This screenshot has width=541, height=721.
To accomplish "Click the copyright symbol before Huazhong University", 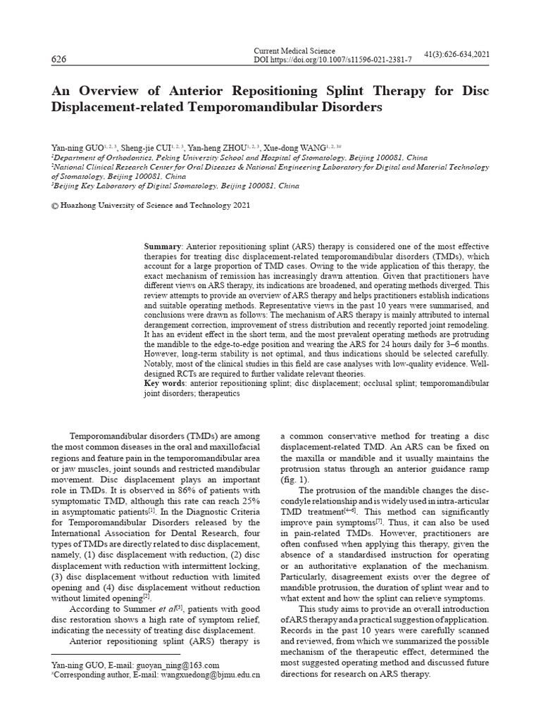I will pos(56,206).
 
